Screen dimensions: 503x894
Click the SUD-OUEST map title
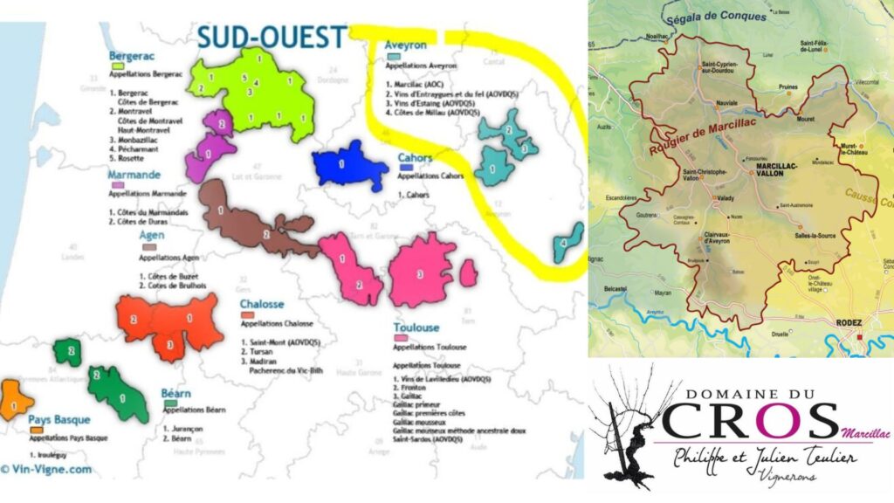pyautogui.click(x=272, y=38)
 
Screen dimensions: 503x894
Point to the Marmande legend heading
pyautogui.click(x=134, y=174)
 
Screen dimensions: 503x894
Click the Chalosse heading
pyautogui.click(x=262, y=304)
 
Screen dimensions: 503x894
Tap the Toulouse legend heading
pyautogui.click(x=416, y=327)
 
